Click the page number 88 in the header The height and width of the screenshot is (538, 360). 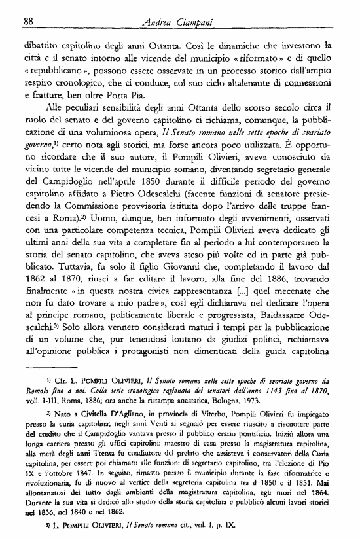(x=28, y=21)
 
